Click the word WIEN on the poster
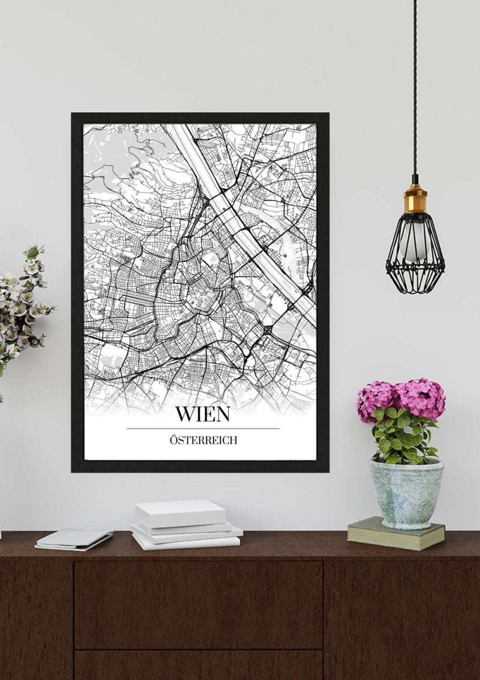click(202, 414)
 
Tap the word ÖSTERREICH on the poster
click(202, 440)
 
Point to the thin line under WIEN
click(202, 428)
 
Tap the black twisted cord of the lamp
click(415, 85)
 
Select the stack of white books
click(184, 524)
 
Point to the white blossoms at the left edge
click(23, 306)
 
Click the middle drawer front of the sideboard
click(198, 603)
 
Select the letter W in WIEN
click(183, 414)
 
